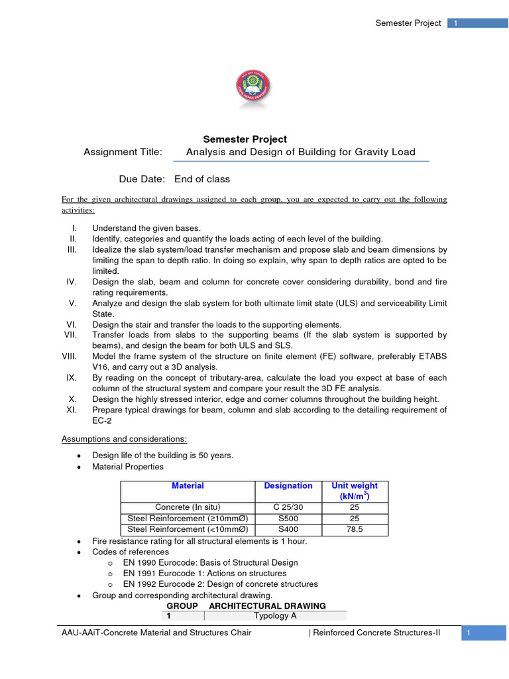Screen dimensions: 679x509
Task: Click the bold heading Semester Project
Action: tap(245, 139)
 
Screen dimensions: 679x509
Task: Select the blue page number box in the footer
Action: tap(486, 634)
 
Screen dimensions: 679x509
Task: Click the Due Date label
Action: tap(142, 179)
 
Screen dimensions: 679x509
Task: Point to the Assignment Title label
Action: tap(123, 153)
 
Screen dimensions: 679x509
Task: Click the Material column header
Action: tap(188, 486)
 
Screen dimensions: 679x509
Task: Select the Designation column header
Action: tap(288, 486)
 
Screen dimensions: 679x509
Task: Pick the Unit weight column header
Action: tap(355, 491)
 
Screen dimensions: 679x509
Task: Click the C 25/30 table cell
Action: tap(288, 507)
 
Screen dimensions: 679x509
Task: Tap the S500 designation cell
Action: tap(288, 519)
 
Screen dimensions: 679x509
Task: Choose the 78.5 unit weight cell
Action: tap(355, 529)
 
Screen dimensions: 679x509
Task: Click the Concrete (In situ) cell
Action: tap(188, 507)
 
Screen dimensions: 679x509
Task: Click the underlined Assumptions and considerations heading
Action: tap(124, 439)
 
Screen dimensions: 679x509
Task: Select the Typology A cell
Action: tap(274, 615)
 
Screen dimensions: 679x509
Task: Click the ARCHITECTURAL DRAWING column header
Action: tap(267, 605)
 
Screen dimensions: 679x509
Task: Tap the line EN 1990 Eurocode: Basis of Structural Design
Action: tap(210, 562)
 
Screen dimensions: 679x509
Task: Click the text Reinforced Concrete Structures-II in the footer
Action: tap(376, 634)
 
